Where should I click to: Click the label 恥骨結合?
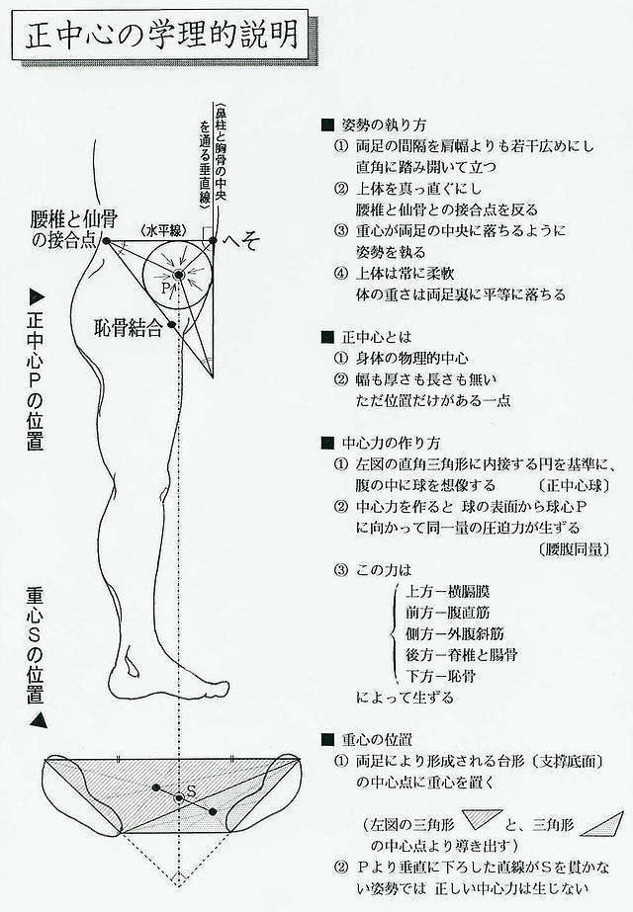[130, 328]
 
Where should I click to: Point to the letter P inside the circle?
[166, 289]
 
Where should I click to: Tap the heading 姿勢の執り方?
[383, 125]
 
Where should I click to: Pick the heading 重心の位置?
[383, 738]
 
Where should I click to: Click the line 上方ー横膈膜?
[447, 591]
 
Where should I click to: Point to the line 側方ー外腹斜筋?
[454, 633]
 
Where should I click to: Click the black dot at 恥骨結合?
[172, 324]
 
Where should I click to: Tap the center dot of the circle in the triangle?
[178, 273]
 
